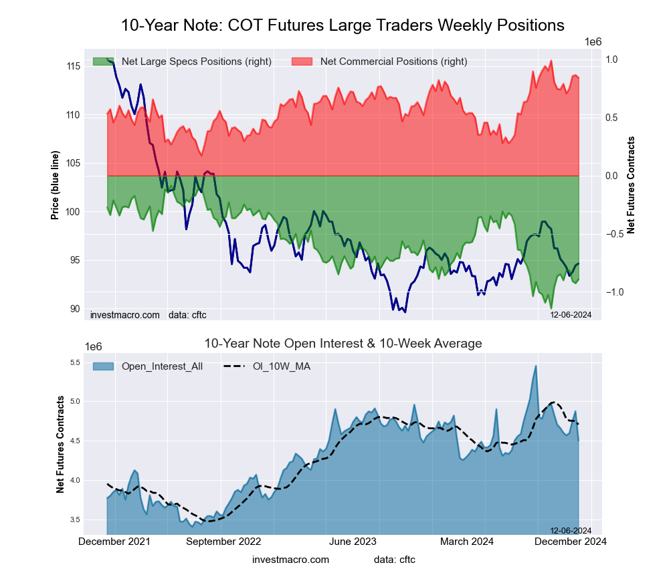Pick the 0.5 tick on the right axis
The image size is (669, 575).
611,118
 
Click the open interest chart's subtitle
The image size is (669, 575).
343,344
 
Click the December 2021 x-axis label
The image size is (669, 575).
114,542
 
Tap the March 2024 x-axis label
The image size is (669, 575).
468,542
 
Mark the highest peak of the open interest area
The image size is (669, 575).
536,366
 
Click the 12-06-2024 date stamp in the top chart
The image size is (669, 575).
571,314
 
